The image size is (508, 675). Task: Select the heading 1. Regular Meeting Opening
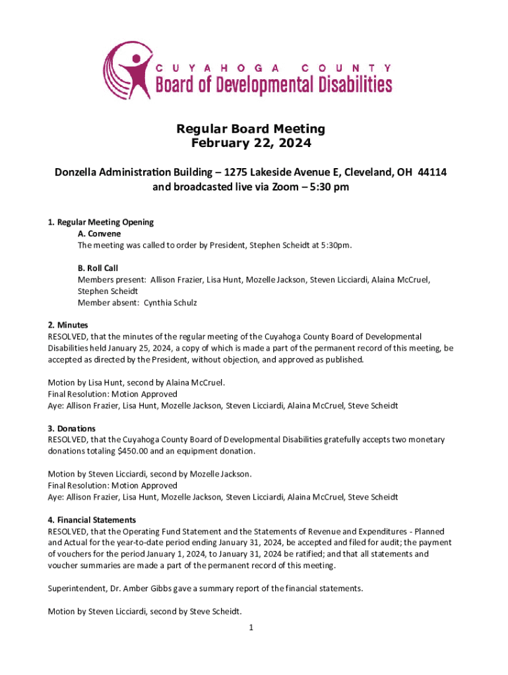coord(100,222)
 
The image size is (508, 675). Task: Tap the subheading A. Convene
coord(99,233)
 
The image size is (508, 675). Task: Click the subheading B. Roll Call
coord(98,268)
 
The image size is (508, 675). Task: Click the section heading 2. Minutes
coord(68,326)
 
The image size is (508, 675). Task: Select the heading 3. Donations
coord(72,428)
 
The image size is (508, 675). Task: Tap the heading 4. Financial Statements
coord(92,520)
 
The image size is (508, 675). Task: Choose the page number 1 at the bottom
coord(251,628)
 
